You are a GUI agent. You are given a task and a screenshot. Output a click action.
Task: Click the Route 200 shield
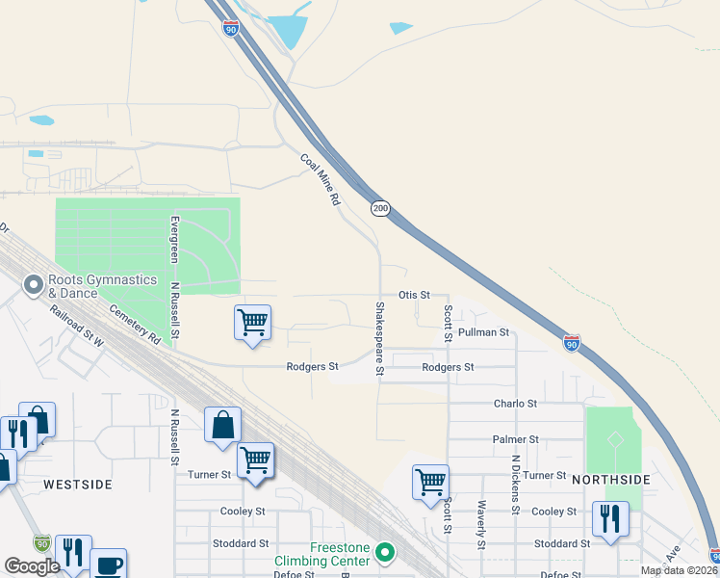pyautogui.click(x=381, y=208)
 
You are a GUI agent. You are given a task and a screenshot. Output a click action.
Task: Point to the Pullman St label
pyautogui.click(x=483, y=332)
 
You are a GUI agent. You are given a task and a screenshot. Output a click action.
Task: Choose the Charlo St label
pyautogui.click(x=515, y=404)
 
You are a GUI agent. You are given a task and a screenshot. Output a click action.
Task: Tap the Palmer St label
pyautogui.click(x=515, y=439)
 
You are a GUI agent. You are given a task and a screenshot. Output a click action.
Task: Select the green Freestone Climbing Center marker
pyautogui.click(x=385, y=553)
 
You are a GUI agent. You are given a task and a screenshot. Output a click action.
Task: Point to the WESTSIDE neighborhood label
pyautogui.click(x=77, y=484)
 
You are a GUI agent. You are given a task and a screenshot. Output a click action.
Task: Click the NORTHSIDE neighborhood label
pyautogui.click(x=611, y=479)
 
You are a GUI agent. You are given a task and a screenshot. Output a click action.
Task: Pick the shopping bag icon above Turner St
pyautogui.click(x=222, y=424)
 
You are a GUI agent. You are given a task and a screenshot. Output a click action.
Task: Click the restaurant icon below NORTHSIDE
pyautogui.click(x=610, y=518)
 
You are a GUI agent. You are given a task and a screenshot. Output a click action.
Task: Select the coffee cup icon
pyautogui.click(x=108, y=565)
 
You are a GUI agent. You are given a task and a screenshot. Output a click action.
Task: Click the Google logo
pyautogui.click(x=32, y=566)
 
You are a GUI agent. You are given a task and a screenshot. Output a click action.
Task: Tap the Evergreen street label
pyautogui.click(x=174, y=238)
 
